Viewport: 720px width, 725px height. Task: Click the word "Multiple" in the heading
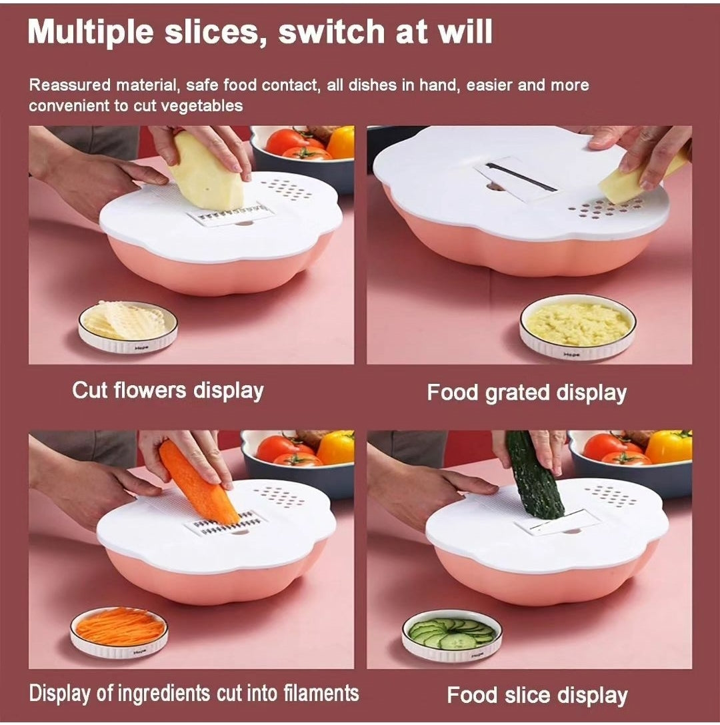90,33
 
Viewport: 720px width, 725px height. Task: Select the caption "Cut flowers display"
168,390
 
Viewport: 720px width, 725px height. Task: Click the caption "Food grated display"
527,393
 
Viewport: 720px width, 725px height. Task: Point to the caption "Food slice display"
537,696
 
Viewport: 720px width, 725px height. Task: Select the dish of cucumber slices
451,635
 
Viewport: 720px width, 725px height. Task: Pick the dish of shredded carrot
119,632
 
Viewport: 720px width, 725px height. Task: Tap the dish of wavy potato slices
128,326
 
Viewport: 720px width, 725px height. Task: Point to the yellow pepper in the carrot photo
337,447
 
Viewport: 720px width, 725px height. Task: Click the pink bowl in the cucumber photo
546,573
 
